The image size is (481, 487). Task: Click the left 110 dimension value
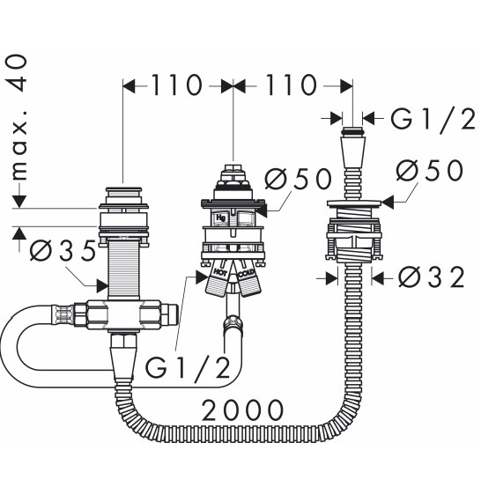[176, 85]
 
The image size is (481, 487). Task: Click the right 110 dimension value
[291, 85]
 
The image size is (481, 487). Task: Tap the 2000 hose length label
[242, 410]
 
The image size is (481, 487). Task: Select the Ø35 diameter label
[63, 250]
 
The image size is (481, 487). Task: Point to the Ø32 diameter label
[432, 277]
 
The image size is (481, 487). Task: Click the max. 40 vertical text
[18, 117]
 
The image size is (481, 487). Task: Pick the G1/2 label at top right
[433, 119]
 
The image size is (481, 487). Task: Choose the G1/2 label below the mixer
[188, 368]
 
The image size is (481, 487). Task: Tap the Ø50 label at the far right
[430, 170]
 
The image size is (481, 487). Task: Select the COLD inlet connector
[248, 281]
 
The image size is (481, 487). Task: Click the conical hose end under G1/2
[352, 152]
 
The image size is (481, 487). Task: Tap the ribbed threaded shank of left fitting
[123, 269]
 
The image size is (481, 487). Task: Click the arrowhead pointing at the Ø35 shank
[102, 285]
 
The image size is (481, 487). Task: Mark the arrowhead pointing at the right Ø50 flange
[388, 203]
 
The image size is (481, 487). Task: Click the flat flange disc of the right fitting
[353, 203]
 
